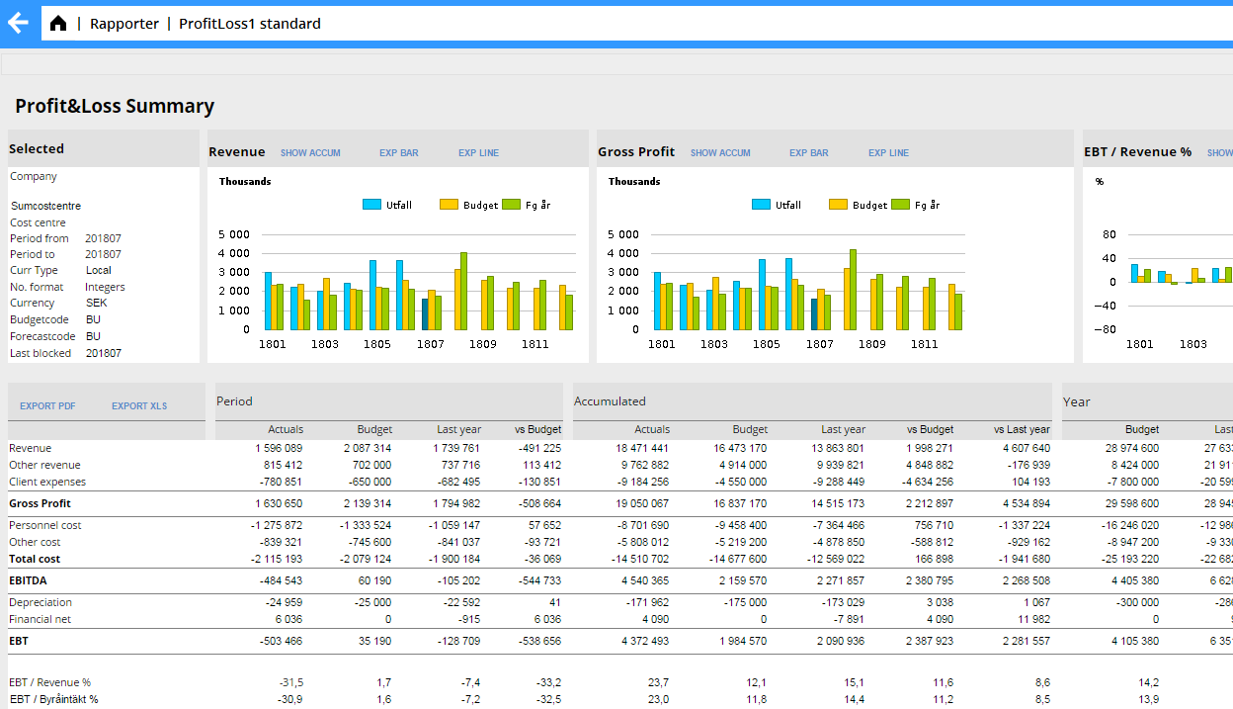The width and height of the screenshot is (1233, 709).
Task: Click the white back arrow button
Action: pyautogui.click(x=18, y=23)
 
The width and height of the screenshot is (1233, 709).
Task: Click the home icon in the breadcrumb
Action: pyautogui.click(x=58, y=24)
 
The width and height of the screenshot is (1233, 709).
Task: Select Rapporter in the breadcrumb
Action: pyautogui.click(x=123, y=24)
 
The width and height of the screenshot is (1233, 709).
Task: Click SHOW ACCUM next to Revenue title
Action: pyautogui.click(x=310, y=153)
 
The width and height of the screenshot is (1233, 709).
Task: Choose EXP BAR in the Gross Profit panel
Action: pyautogui.click(x=808, y=153)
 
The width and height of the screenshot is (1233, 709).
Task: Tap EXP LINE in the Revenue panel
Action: pyautogui.click(x=478, y=153)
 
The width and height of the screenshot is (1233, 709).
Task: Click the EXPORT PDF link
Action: pyautogui.click(x=47, y=406)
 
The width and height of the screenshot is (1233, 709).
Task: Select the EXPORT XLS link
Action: pyautogui.click(x=139, y=406)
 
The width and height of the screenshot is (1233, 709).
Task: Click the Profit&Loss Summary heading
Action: pyautogui.click(x=115, y=107)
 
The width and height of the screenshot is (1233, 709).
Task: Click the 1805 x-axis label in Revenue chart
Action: pyautogui.click(x=377, y=344)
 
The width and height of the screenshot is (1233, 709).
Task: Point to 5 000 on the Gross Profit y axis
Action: pyautogui.click(x=623, y=235)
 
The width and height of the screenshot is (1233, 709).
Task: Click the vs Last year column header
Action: pyautogui.click(x=1022, y=429)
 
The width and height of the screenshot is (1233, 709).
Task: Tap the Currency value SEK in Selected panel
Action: pyautogui.click(x=96, y=304)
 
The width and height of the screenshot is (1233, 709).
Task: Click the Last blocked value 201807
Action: pyautogui.click(x=103, y=353)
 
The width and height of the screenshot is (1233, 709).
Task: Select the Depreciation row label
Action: pyautogui.click(x=41, y=602)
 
